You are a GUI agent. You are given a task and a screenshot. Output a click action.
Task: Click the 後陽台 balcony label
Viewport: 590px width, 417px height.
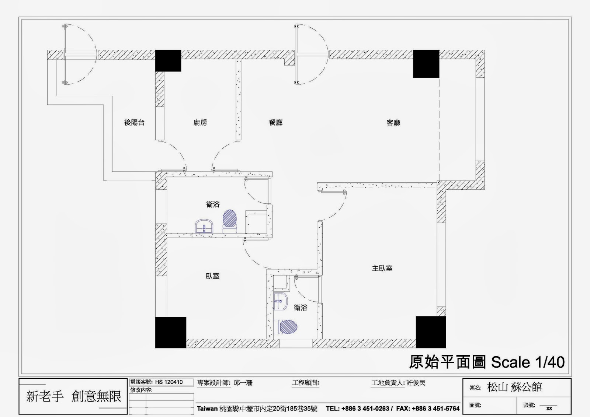[134, 122]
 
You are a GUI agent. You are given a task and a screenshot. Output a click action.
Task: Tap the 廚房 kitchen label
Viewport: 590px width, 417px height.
[200, 122]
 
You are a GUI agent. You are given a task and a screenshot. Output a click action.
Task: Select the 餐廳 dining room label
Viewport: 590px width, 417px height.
[276, 122]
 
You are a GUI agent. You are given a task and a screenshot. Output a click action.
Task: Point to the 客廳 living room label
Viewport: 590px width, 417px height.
[393, 123]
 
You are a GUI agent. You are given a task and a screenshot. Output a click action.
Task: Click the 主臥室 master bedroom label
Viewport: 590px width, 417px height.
[382, 268]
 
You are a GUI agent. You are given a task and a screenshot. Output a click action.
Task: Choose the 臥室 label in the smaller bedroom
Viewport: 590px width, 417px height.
[212, 276]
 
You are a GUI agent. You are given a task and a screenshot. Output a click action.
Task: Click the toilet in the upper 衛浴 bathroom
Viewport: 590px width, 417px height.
[230, 221]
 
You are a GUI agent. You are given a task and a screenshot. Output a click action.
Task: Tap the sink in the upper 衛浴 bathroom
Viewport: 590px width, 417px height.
[204, 226]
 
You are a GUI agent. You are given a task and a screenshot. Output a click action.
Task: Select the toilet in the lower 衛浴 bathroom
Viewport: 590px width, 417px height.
[285, 327]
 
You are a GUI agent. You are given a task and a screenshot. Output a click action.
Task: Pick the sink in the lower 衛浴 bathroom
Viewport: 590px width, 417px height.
[280, 301]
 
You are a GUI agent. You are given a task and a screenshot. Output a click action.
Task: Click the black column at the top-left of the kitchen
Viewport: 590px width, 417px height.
[168, 60]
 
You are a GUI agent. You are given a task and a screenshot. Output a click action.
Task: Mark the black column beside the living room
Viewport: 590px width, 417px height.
[426, 64]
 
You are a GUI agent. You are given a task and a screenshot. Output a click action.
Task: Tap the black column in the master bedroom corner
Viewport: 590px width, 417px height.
[431, 332]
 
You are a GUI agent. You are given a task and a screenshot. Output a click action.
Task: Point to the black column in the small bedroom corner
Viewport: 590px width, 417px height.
[171, 333]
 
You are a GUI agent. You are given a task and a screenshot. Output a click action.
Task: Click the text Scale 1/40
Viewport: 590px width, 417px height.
[528, 362]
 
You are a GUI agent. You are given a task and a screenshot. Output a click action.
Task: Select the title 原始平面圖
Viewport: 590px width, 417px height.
[447, 362]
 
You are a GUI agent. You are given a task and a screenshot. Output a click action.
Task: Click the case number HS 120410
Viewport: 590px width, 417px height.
[169, 382]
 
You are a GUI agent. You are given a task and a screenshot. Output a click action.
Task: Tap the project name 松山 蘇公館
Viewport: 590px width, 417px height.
[514, 387]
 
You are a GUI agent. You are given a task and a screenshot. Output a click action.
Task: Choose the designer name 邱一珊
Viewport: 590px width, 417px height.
[243, 383]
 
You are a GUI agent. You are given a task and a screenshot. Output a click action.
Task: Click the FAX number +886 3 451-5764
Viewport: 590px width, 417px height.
[435, 409]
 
